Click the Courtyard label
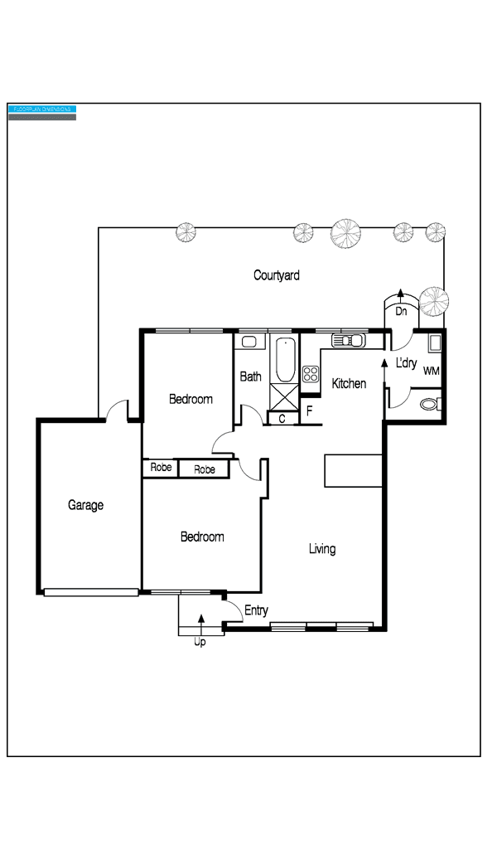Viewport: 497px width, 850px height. pyautogui.click(x=276, y=275)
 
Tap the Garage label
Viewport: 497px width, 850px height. pyautogui.click(x=85, y=505)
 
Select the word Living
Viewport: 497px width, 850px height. pyautogui.click(x=322, y=549)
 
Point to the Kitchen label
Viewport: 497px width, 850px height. pyautogui.click(x=349, y=383)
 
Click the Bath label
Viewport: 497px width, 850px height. pyautogui.click(x=250, y=376)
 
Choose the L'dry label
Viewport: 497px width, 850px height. pyautogui.click(x=406, y=363)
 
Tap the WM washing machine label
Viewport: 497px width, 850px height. pyautogui.click(x=431, y=371)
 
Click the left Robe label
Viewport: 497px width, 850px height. pyautogui.click(x=161, y=469)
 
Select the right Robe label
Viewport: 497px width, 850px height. pyautogui.click(x=205, y=469)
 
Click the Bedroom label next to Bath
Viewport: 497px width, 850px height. pyautogui.click(x=191, y=399)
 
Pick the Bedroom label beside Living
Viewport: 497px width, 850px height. pyautogui.click(x=202, y=537)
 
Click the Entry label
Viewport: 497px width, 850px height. pyautogui.click(x=256, y=611)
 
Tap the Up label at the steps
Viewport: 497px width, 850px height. pyautogui.click(x=200, y=642)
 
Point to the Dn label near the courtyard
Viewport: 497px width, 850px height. pyautogui.click(x=401, y=312)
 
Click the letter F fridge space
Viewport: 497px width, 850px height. pyautogui.click(x=309, y=410)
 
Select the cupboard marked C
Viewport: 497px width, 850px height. pyautogui.click(x=282, y=419)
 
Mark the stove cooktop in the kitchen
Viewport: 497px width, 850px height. pyautogui.click(x=311, y=374)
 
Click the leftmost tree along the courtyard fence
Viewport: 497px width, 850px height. pyautogui.click(x=186, y=232)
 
